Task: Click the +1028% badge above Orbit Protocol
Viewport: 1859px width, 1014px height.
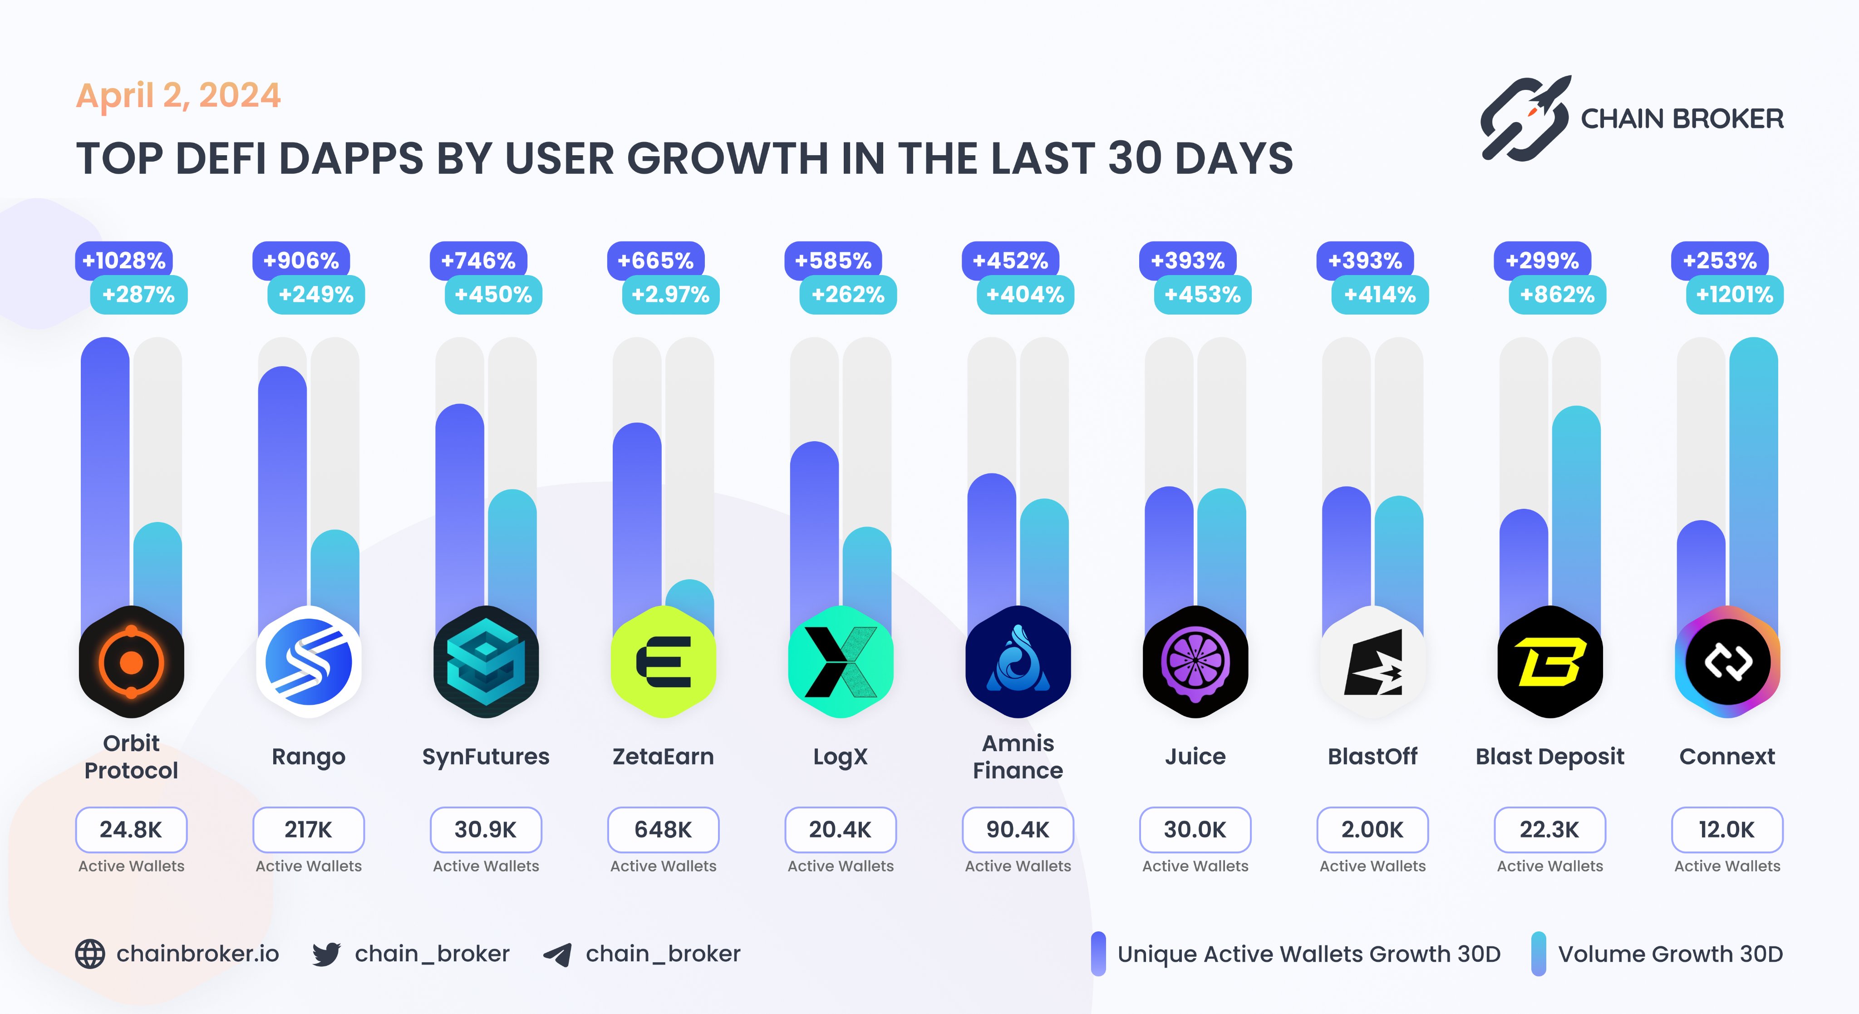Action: (x=124, y=261)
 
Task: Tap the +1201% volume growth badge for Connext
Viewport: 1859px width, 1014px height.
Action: (x=1734, y=295)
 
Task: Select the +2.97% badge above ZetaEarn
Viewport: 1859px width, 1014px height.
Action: (x=670, y=295)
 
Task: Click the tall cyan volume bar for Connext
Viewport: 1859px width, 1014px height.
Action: (x=1754, y=469)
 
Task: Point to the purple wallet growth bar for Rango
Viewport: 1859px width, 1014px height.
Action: (x=282, y=491)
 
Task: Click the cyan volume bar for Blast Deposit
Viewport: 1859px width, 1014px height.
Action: (x=1576, y=505)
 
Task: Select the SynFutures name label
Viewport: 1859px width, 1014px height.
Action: (x=486, y=756)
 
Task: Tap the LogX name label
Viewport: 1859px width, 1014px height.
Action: (x=840, y=756)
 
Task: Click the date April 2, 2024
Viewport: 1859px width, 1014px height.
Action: (x=178, y=95)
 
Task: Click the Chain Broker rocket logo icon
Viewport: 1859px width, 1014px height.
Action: (x=1524, y=119)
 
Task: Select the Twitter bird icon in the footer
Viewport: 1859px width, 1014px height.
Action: (x=326, y=954)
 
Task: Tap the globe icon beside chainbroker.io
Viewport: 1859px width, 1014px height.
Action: (x=90, y=954)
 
